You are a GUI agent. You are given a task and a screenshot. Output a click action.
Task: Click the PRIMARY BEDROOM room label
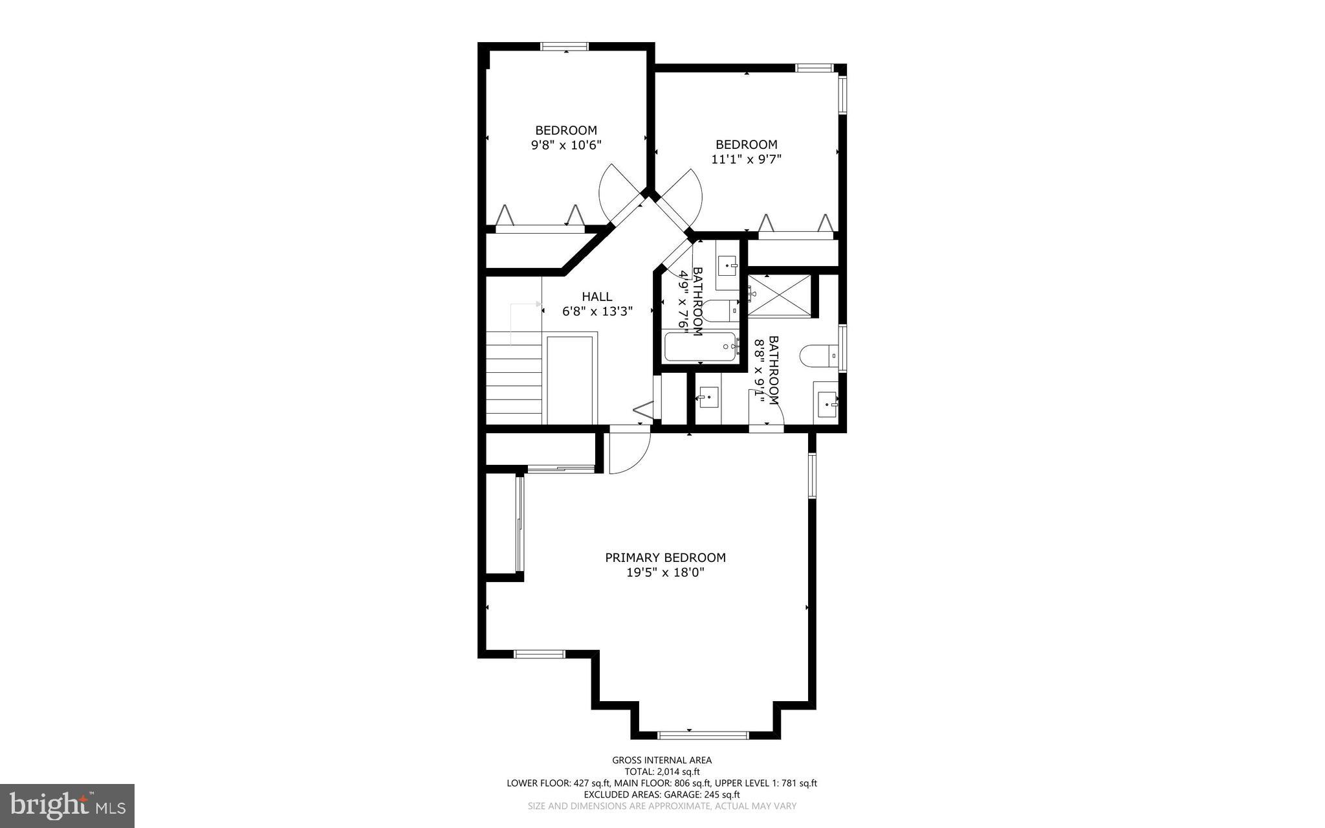coord(665,557)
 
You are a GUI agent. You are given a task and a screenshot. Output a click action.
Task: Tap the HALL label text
coord(597,297)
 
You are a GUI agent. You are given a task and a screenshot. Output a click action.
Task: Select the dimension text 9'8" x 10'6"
coord(566,145)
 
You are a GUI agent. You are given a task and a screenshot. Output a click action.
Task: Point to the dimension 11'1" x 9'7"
coord(746,159)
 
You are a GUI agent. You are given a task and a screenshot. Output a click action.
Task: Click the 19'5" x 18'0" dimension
coord(665,572)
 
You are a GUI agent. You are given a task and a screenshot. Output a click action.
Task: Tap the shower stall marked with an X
coord(779,295)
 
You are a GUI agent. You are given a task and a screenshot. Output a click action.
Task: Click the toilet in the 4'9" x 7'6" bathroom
coord(719,311)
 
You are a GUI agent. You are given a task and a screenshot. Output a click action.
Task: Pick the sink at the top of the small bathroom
coord(728,265)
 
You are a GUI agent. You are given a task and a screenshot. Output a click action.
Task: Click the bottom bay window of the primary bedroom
coord(703,735)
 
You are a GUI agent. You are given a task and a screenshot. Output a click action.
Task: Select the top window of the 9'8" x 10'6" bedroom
coord(565,47)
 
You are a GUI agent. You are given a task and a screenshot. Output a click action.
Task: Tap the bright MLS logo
coord(67,805)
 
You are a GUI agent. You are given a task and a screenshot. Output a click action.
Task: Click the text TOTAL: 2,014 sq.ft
coord(662,772)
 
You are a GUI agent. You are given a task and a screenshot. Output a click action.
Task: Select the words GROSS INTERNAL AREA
coord(662,760)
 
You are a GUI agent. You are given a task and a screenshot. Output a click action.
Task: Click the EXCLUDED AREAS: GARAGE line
coord(662,794)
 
